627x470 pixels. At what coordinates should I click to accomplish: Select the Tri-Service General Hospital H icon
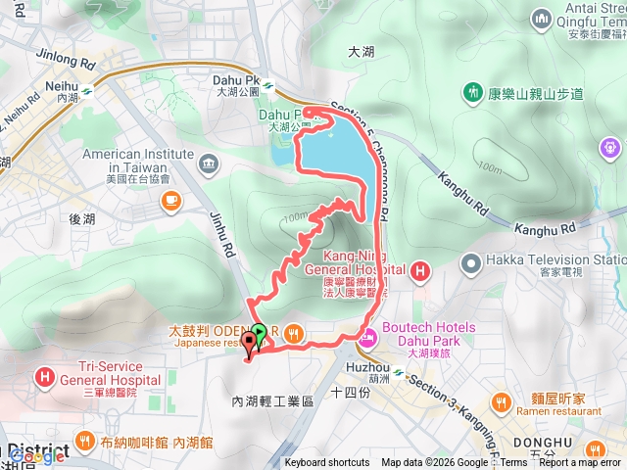pos(45,376)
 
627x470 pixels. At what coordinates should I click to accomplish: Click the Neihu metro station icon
pos(87,86)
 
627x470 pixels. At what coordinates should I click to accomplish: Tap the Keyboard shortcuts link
pos(327,463)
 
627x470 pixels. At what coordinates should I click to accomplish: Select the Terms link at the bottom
pos(513,463)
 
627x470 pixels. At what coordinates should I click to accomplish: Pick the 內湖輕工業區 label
pos(271,401)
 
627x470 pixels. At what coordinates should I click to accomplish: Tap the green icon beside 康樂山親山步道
pos(474,93)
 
